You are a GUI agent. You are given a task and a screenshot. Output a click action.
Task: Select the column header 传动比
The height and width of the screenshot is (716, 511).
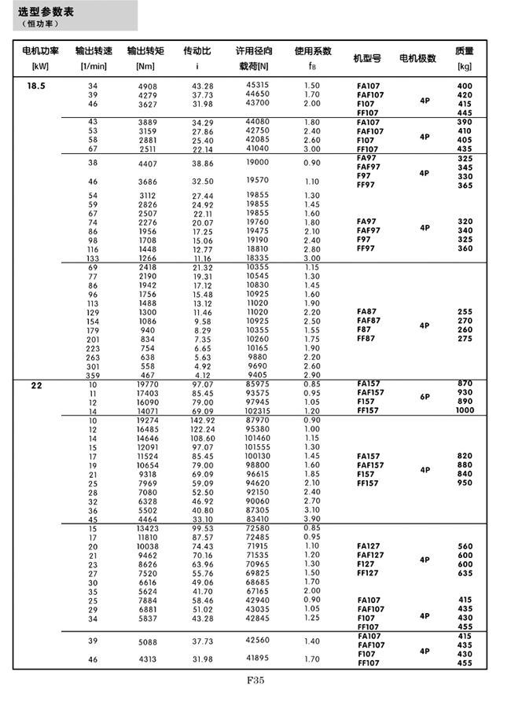click(197, 51)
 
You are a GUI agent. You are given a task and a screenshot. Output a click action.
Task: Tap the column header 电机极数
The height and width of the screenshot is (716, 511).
click(417, 58)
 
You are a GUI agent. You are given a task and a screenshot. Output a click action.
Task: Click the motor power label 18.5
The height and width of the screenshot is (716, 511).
click(36, 85)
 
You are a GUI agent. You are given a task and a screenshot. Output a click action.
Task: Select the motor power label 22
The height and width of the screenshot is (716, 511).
click(36, 386)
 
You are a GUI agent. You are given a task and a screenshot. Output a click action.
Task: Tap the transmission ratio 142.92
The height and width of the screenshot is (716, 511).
click(202, 420)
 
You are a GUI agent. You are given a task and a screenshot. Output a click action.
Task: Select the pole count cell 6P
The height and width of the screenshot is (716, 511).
click(425, 397)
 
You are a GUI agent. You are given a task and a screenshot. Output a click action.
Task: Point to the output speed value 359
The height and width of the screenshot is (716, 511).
click(94, 376)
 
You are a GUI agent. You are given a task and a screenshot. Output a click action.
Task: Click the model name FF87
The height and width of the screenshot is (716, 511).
click(366, 339)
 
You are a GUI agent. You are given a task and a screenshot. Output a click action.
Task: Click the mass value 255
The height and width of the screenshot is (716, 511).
click(465, 311)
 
